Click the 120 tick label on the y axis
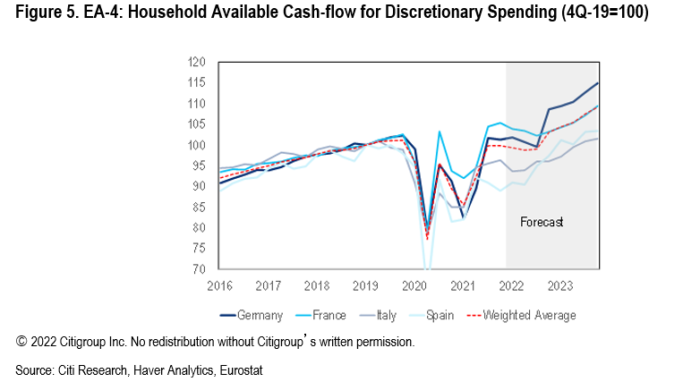point(198,63)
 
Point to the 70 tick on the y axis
point(201,269)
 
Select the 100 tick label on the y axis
point(198,145)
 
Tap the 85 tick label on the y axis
point(201,208)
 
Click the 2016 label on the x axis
point(220,286)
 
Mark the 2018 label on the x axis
point(316,286)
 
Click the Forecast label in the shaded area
point(542,221)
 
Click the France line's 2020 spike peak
point(440,132)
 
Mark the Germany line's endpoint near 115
point(598,83)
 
